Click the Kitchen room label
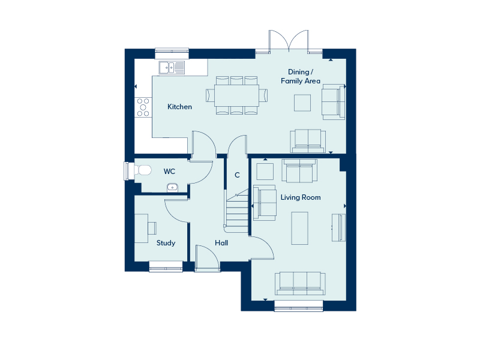click(x=179, y=107)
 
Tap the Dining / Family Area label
click(x=301, y=77)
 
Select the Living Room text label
click(x=301, y=197)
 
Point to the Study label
click(x=166, y=243)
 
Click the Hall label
click(x=221, y=243)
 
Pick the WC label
click(x=169, y=172)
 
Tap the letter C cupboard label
click(x=237, y=175)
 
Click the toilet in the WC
click(x=143, y=170)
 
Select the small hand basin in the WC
click(x=172, y=188)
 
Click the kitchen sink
click(x=172, y=68)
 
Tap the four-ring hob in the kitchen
click(x=143, y=107)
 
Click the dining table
click(x=236, y=95)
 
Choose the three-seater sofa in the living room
click(x=300, y=284)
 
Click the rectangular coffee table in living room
click(x=299, y=229)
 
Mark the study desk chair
click(x=152, y=228)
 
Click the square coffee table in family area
click(x=302, y=103)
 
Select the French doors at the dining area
click(x=289, y=41)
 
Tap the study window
click(x=166, y=266)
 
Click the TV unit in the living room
click(x=339, y=228)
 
